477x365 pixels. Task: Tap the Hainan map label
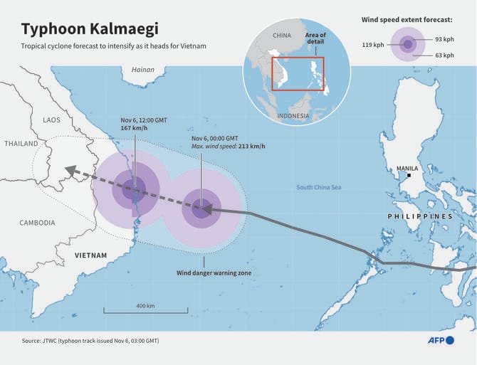point(143,70)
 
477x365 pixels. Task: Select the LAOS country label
point(51,120)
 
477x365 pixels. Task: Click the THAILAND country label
point(21,144)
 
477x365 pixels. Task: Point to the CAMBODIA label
point(37,223)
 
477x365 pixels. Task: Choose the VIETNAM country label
point(91,255)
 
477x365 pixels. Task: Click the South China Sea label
point(319,187)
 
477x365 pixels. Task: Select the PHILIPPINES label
point(420,216)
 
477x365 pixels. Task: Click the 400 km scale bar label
point(145,306)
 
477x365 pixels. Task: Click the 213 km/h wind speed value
point(252,147)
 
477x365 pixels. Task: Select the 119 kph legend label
point(373,44)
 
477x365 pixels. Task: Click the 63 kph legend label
point(444,55)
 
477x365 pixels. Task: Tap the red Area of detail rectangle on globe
point(298,73)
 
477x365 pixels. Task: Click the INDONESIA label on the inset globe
point(293,116)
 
